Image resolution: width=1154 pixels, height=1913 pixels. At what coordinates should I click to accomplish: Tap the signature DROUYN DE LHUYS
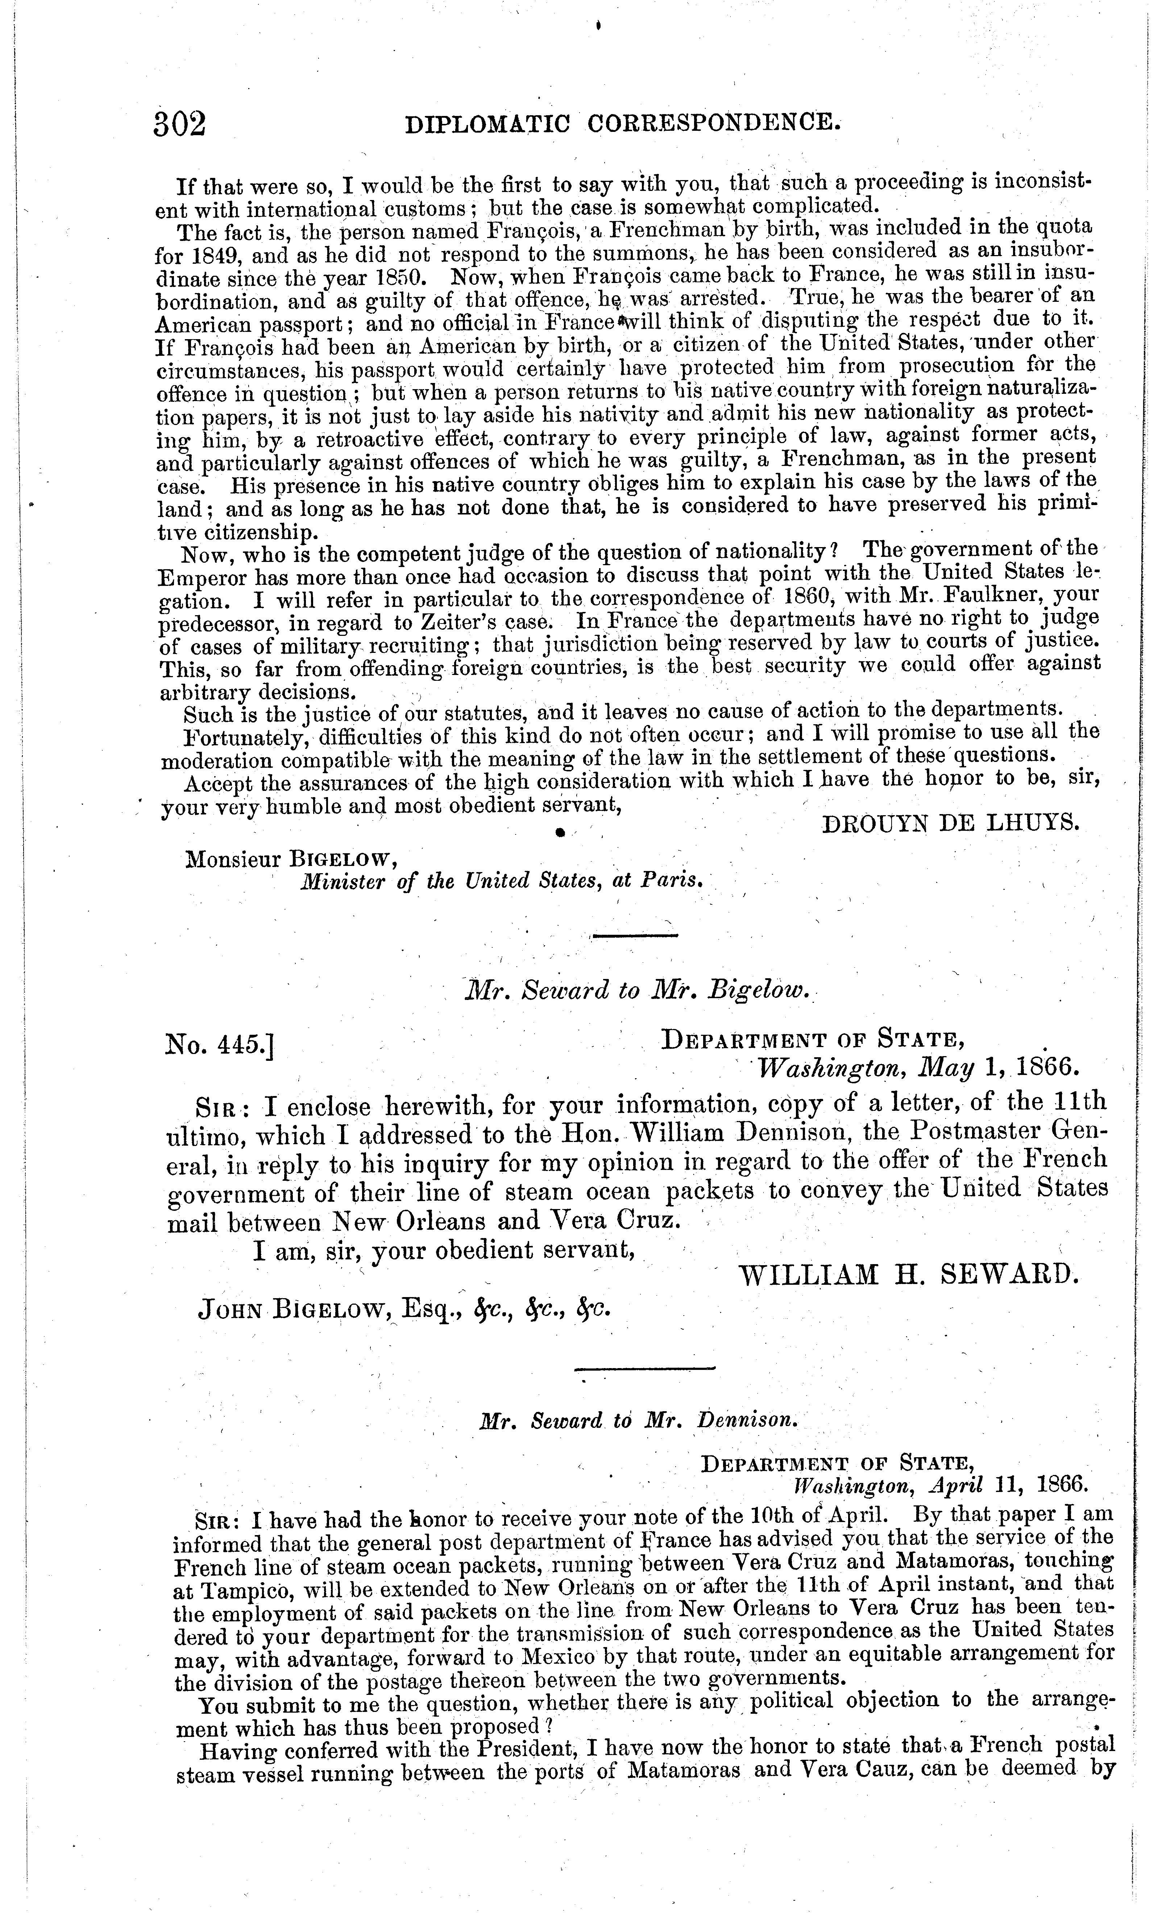point(950,823)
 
